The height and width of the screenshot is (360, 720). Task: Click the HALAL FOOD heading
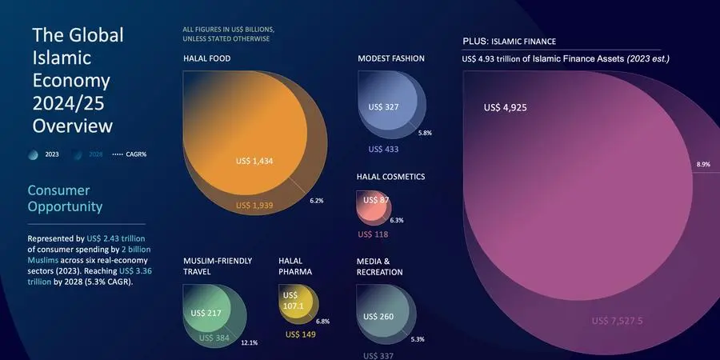(x=207, y=58)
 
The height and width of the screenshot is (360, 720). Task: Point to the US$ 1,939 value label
(x=254, y=206)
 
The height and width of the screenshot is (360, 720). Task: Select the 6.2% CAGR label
(x=316, y=200)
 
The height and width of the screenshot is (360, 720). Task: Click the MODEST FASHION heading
(x=391, y=58)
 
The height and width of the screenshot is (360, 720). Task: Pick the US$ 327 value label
(x=383, y=106)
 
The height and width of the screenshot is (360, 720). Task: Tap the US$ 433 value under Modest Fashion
(x=383, y=149)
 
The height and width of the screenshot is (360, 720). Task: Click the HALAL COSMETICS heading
(x=390, y=177)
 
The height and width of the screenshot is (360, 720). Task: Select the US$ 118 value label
(x=373, y=234)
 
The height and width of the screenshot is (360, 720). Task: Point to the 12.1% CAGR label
(x=250, y=342)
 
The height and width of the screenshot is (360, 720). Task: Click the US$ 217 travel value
(x=206, y=312)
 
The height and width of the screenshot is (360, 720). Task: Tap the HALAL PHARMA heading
(x=295, y=266)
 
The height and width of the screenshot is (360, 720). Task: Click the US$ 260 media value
(x=378, y=316)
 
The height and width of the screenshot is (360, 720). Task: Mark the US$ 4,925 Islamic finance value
(x=506, y=107)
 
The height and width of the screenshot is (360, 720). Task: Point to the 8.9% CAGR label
(x=703, y=164)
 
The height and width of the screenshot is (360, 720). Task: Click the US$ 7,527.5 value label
(x=618, y=321)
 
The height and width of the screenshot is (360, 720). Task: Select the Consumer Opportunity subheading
(x=65, y=198)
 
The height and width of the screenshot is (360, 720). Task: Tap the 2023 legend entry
(x=45, y=154)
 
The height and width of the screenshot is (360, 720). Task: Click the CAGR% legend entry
(x=131, y=154)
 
